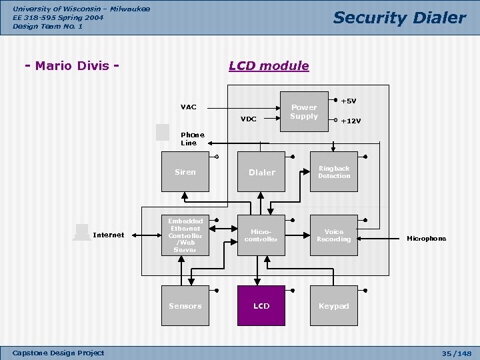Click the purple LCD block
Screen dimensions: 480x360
[x=261, y=305]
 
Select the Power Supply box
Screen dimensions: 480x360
[x=304, y=112]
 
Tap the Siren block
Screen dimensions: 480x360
[x=185, y=172]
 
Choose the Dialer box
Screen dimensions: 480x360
[x=261, y=172]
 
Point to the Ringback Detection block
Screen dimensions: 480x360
[x=334, y=172]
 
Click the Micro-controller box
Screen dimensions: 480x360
[x=261, y=235]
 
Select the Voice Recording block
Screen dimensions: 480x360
[x=334, y=235]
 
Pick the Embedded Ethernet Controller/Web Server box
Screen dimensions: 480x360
[x=185, y=235]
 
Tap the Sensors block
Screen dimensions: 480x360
[x=185, y=305]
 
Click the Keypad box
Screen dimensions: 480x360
[x=334, y=305]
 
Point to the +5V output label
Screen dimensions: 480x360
[x=349, y=101]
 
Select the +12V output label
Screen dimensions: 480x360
[x=351, y=121]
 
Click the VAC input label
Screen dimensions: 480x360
[x=188, y=107]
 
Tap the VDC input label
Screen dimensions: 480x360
[x=248, y=119]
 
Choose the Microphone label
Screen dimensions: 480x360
[x=427, y=239]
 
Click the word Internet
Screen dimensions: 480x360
[x=109, y=235]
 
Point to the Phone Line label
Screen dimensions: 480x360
[x=193, y=139]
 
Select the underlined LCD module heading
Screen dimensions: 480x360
[x=269, y=66]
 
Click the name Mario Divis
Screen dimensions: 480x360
[x=72, y=66]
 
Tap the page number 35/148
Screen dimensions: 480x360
[x=457, y=353]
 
